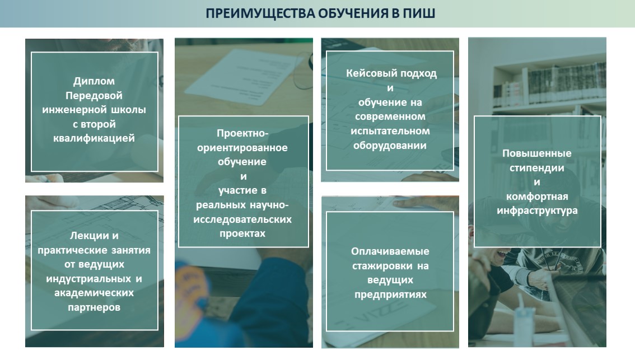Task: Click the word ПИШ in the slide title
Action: tap(419, 13)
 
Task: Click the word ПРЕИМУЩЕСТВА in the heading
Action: tap(260, 14)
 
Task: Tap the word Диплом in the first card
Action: tap(94, 81)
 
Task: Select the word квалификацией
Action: tap(94, 138)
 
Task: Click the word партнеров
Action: tap(94, 307)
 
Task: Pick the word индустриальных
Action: tap(88, 279)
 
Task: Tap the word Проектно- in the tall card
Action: tap(242, 133)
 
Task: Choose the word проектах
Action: tap(242, 233)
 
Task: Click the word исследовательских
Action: tap(242, 219)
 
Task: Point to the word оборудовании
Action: tap(390, 146)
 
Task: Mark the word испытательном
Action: tap(390, 131)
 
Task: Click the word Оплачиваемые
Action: tap(390, 251)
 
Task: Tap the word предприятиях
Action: tap(390, 294)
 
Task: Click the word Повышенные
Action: tap(537, 153)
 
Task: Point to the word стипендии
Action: tap(537, 168)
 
